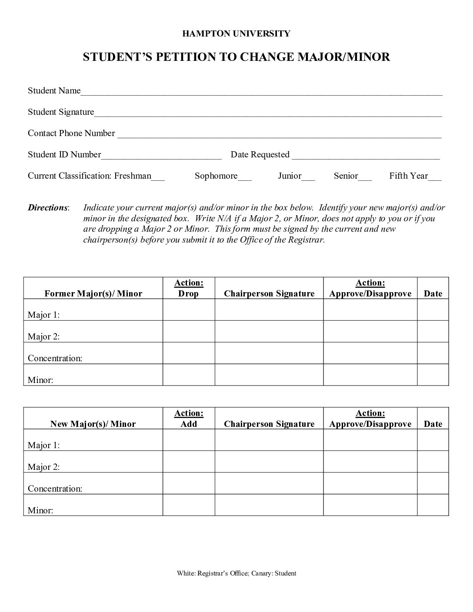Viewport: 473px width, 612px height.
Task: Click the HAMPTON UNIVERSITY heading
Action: tap(236, 33)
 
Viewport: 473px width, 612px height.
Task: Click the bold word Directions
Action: tap(48, 208)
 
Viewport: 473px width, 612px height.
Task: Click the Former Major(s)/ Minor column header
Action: tap(93, 293)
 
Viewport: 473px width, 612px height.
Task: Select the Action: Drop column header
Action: tap(189, 288)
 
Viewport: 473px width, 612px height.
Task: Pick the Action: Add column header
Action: tap(189, 419)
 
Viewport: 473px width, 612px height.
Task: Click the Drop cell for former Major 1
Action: tap(189, 310)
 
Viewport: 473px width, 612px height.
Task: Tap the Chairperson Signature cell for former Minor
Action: tap(269, 375)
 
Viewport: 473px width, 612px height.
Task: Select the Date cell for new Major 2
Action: tap(433, 462)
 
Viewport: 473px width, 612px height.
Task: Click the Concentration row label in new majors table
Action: tap(55, 489)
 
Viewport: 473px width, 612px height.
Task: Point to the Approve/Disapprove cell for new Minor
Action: tap(370, 505)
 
